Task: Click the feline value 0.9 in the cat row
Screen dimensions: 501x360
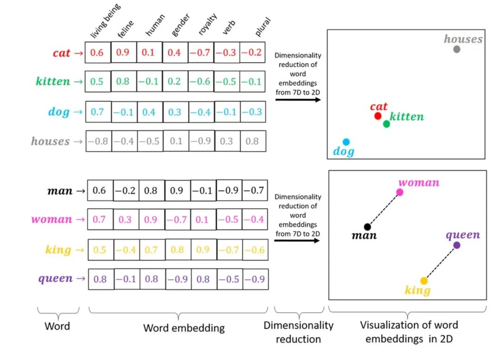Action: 122,52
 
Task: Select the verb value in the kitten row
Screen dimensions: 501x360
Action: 226,81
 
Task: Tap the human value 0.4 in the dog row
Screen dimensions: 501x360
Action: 148,112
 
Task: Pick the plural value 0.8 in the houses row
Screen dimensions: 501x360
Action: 252,141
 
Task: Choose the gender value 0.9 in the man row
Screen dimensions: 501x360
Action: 176,191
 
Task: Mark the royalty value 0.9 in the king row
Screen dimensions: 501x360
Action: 203,249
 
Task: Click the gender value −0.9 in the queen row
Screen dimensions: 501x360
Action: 177,279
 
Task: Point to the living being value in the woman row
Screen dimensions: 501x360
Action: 99,220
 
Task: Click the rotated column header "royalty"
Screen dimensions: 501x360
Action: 207,24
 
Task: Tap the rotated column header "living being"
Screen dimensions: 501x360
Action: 105,21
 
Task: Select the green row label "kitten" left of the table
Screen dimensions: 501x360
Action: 53,81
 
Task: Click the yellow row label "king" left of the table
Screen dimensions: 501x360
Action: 58,249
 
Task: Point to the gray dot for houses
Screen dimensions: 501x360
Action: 457,49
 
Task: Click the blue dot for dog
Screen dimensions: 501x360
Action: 346,142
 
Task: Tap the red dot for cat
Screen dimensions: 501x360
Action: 378,116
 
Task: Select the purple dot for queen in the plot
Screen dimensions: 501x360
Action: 456,245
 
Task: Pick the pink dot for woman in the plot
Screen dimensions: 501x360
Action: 400,192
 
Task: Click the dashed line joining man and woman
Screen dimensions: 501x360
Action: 384,209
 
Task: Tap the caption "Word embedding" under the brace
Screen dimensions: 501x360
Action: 184,328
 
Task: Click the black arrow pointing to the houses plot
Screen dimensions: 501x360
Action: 298,100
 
